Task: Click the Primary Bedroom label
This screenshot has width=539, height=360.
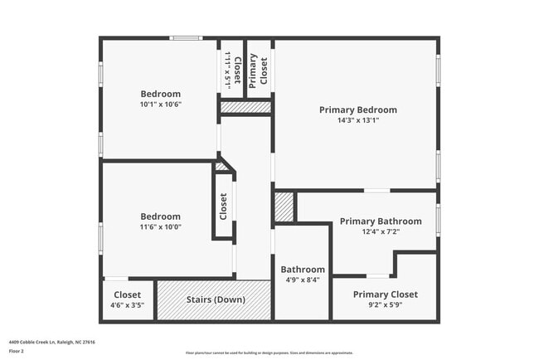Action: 358,109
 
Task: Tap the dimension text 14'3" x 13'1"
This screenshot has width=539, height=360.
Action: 358,120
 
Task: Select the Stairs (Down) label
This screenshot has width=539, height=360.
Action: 215,299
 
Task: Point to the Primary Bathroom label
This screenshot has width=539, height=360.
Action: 381,221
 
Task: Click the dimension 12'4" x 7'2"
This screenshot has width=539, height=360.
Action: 381,232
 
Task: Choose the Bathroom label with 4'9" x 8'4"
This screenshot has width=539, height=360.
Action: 303,270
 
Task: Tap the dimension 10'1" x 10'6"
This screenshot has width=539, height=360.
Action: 160,105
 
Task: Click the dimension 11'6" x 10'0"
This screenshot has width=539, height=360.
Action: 160,227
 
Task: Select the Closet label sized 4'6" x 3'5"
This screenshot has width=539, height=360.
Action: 127,294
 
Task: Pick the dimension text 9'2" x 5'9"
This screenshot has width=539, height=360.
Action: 385,305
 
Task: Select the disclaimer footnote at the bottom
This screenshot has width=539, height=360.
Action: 269,353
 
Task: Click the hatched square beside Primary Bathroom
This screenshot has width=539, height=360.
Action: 284,207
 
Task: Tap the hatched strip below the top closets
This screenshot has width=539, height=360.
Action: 245,107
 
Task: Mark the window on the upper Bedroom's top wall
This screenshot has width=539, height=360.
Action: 186,37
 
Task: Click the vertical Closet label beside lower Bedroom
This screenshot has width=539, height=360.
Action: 223,206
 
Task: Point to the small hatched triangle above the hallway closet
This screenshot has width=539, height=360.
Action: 221,167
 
